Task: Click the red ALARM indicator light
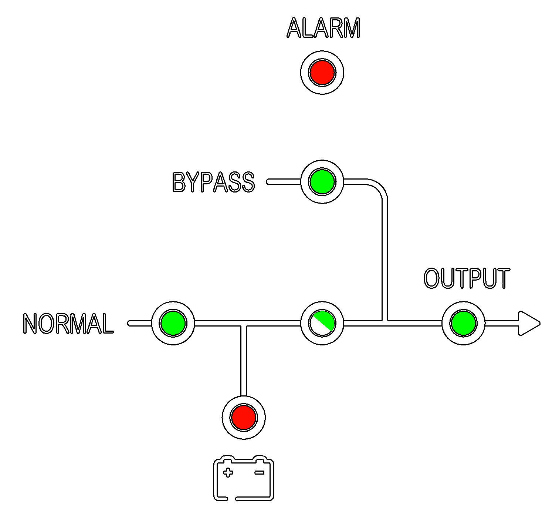tap(322, 73)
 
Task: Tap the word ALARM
tap(323, 28)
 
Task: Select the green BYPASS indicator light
tap(322, 182)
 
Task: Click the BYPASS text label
tap(213, 182)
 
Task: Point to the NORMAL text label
tap(68, 324)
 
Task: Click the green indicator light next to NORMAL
tap(173, 323)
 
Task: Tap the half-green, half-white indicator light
tap(322, 323)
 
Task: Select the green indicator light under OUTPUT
tap(463, 323)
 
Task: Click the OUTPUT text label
tap(467, 278)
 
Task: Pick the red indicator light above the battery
tap(244, 418)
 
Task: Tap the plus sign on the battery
tap(228, 472)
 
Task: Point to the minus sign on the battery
tap(259, 472)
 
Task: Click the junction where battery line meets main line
tap(244, 323)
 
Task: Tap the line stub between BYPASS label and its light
tap(284, 182)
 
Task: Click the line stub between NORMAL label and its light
tap(140, 323)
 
